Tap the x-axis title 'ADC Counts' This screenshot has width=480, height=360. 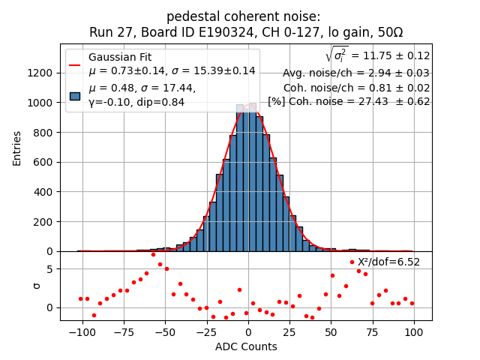pyautogui.click(x=246, y=346)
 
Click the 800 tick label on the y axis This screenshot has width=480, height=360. pyautogui.click(x=43, y=132)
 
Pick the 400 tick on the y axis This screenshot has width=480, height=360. pyautogui.click(x=43, y=192)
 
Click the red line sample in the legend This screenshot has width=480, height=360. pyautogui.click(x=75, y=64)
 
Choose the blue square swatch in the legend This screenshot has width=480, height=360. pyautogui.click(x=75, y=95)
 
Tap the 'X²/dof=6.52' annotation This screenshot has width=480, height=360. pyautogui.click(x=388, y=262)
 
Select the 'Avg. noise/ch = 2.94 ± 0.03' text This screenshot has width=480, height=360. pyautogui.click(x=355, y=73)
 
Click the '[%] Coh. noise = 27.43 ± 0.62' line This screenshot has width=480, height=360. pyautogui.click(x=349, y=101)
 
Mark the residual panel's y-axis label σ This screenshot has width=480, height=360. pyautogui.click(x=37, y=286)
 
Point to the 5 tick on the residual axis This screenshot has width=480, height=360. pyautogui.click(x=50, y=268)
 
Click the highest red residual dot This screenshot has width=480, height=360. pyautogui.click(x=153, y=254)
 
